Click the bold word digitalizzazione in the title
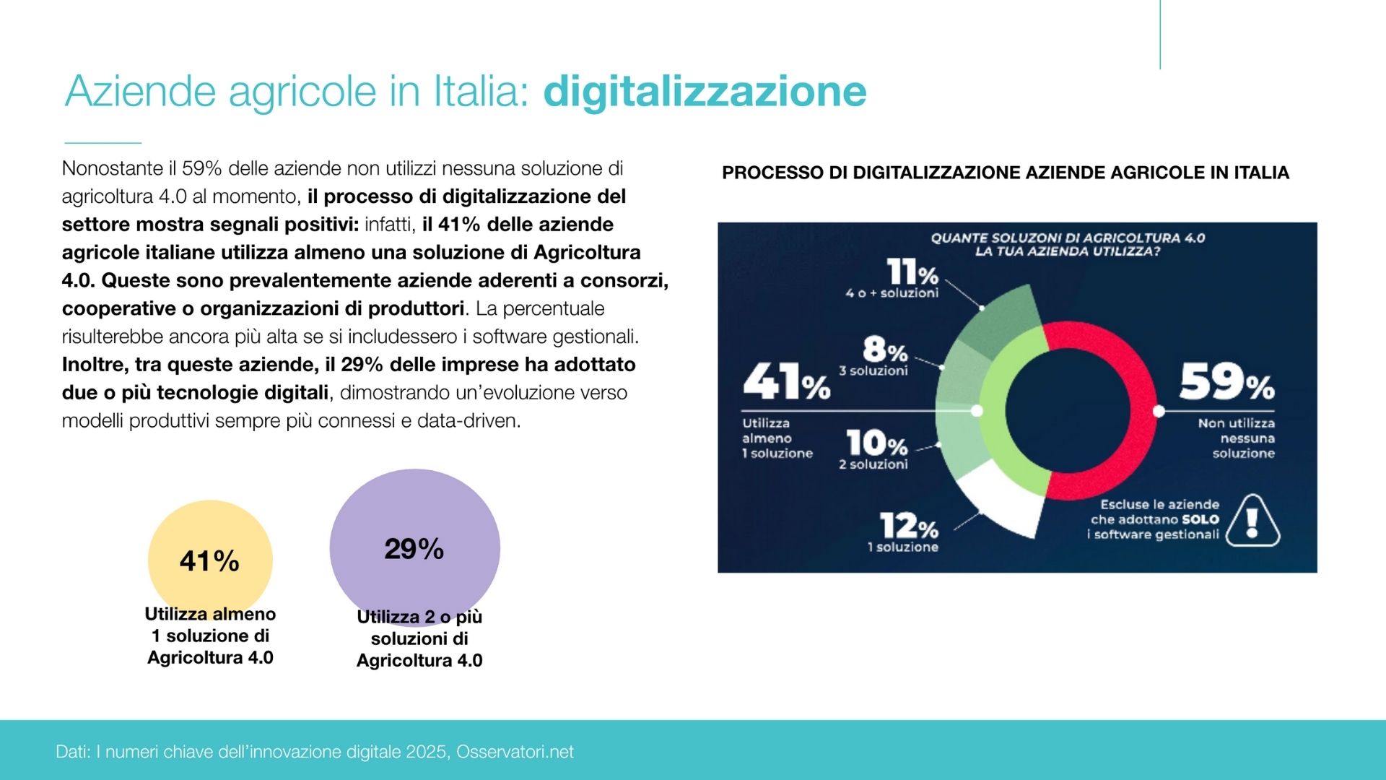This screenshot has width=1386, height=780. tap(705, 92)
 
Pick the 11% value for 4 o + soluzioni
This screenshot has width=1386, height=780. tap(912, 273)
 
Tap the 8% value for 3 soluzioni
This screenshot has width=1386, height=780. tap(885, 350)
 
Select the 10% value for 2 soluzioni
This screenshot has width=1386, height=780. tap(876, 442)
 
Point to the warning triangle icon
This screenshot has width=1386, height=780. tap(1252, 521)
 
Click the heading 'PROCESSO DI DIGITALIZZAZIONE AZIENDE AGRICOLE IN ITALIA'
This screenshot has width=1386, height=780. tap(1005, 173)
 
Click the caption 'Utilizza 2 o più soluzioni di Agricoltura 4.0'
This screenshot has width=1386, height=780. tap(419, 638)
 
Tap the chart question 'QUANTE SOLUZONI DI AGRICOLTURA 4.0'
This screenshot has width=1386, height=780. tap(1068, 238)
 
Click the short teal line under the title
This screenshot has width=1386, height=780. tap(103, 143)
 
